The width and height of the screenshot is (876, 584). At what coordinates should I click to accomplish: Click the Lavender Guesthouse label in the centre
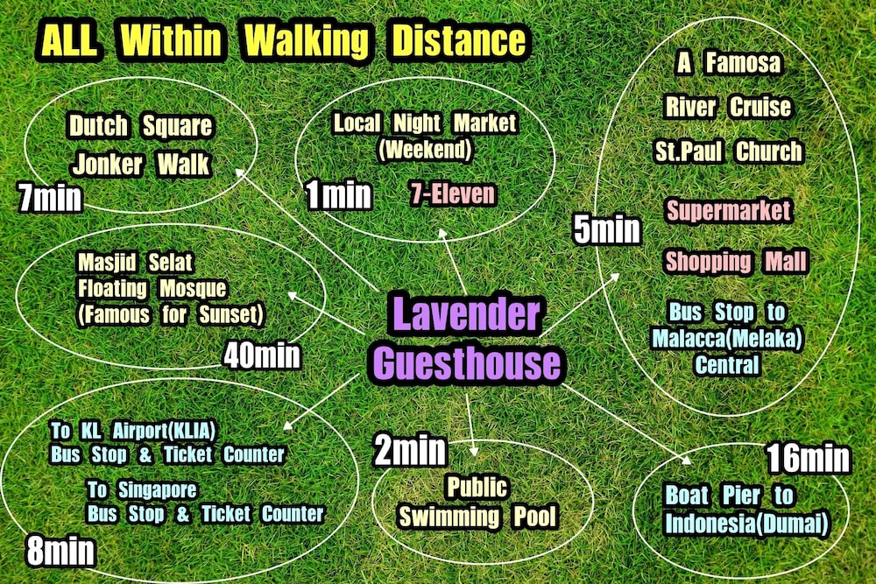(465, 338)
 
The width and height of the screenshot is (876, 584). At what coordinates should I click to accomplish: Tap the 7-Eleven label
(452, 193)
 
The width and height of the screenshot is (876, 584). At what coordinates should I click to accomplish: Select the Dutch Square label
(140, 126)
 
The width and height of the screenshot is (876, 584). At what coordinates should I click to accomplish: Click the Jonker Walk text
(140, 164)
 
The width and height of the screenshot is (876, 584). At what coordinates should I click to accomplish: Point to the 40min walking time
(262, 355)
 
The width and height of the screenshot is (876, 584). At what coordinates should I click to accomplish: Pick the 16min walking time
(808, 458)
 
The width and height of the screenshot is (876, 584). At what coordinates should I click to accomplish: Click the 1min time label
(339, 195)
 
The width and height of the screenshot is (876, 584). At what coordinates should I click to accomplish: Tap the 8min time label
(60, 551)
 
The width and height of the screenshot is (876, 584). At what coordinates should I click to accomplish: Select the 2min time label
(411, 450)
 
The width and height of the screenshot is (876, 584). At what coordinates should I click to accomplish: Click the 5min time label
(607, 230)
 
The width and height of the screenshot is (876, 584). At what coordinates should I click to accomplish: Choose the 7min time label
(50, 199)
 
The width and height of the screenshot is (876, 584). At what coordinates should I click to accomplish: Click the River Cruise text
(727, 107)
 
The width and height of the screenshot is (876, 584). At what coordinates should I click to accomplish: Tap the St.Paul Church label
(728, 151)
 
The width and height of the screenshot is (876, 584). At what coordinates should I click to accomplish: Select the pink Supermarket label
(728, 211)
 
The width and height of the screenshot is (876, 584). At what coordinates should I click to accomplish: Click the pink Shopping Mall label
(734, 261)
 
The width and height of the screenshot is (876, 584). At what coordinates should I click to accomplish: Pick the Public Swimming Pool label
(477, 502)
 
